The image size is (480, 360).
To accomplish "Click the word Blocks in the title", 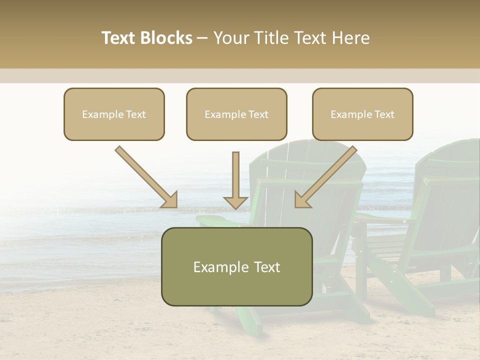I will (x=167, y=38).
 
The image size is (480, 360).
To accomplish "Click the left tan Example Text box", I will (x=114, y=114).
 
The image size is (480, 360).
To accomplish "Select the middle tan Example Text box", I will (x=236, y=114).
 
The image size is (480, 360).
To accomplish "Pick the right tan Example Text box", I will (x=362, y=114).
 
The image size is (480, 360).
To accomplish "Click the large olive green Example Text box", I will (x=236, y=266).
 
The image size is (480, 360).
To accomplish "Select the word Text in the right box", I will (x=384, y=114).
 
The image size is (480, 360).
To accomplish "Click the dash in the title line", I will (x=202, y=38).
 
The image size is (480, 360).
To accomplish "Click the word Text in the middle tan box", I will (x=258, y=114).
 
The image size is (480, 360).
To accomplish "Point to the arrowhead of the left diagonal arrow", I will (x=170, y=200).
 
